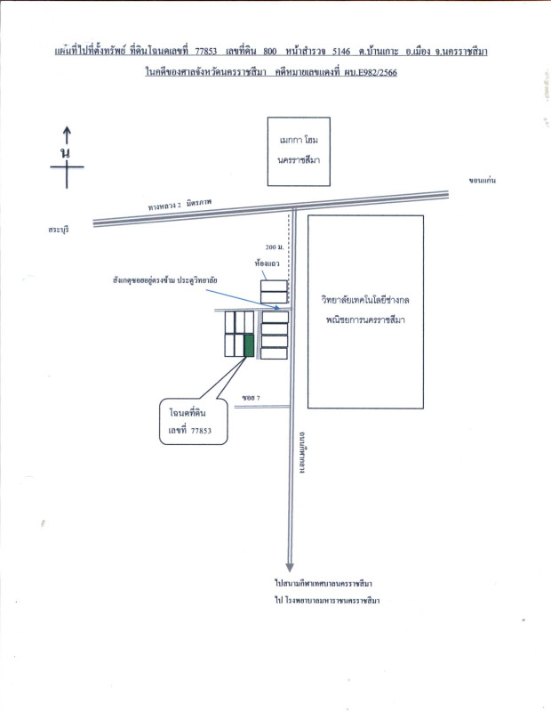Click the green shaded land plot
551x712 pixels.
(250, 345)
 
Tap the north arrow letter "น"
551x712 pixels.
(65, 154)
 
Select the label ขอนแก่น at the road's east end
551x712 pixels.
(480, 181)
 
